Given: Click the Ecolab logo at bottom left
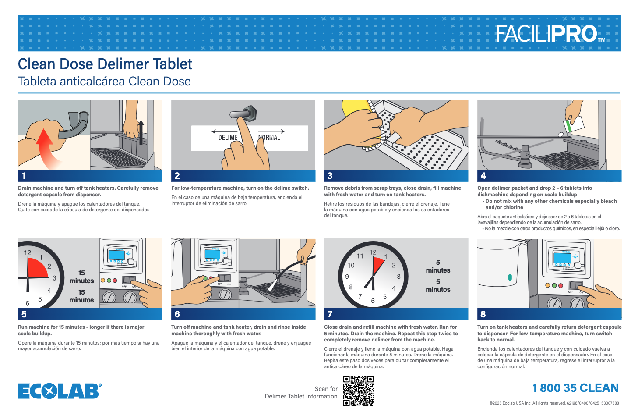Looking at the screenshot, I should tap(60, 391).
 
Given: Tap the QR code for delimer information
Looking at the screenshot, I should tap(358, 391).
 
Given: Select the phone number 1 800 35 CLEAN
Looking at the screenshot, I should tap(575, 388).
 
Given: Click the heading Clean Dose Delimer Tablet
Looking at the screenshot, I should tap(105, 64).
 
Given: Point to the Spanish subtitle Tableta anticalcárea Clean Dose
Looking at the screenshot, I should tap(104, 82).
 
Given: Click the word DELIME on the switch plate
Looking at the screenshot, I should tap(228, 138).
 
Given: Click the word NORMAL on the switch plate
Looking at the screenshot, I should tap(270, 138).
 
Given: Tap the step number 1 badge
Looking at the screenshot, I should tap(24, 176).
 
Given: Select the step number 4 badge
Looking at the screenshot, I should tap(483, 176).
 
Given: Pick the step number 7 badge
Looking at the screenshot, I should tap(330, 314).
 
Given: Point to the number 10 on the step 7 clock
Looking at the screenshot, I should tap(351, 265).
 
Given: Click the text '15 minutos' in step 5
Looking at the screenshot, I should tap(81, 296).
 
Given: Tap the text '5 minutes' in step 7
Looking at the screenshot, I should tap(438, 266).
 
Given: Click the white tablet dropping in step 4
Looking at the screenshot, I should tap(560, 134).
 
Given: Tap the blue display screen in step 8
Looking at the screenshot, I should tap(562, 258).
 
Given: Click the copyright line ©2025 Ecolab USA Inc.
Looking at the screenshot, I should tap(554, 403).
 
